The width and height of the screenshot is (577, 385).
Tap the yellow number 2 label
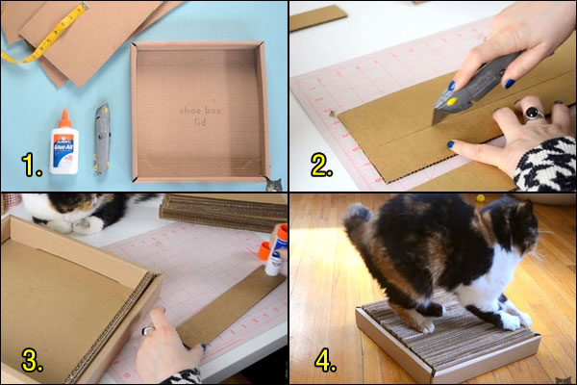click(321, 166)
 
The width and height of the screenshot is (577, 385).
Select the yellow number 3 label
click(32, 360)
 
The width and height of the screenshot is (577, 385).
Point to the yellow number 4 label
click(324, 360)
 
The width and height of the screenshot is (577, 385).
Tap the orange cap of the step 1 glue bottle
click(63, 118)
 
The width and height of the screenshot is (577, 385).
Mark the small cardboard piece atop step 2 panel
click(318, 17)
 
